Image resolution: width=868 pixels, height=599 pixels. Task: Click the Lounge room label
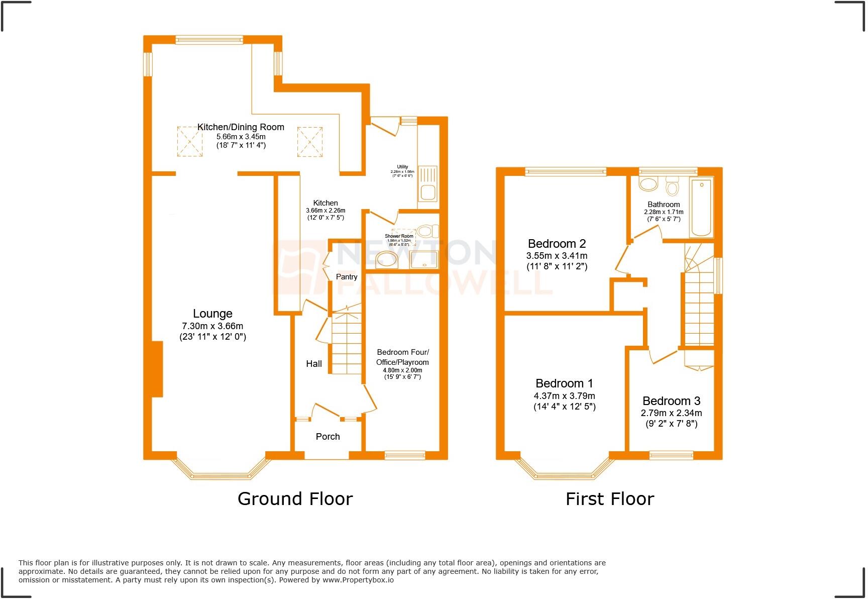click(212, 314)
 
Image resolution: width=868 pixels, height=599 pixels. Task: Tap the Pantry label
click(347, 277)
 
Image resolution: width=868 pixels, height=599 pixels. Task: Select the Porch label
click(328, 437)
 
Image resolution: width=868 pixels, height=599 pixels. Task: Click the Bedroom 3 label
click(671, 401)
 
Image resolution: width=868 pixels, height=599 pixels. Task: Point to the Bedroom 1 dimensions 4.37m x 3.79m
click(565, 396)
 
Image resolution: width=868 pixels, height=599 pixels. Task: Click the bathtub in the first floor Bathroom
click(702, 207)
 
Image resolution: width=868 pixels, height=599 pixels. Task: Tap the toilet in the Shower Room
click(426, 231)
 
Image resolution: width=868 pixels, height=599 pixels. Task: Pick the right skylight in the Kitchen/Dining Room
click(309, 141)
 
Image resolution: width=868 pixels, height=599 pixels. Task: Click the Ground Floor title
click(295, 499)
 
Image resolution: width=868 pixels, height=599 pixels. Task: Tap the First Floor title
click(609, 499)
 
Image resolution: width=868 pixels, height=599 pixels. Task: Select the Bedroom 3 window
click(671, 455)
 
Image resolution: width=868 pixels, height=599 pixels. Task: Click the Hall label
click(314, 364)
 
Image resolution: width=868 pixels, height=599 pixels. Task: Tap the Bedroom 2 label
click(557, 244)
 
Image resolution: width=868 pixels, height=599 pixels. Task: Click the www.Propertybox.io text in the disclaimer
click(358, 580)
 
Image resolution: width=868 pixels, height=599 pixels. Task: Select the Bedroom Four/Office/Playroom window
click(405, 455)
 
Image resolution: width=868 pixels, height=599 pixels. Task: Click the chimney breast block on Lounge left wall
click(157, 369)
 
